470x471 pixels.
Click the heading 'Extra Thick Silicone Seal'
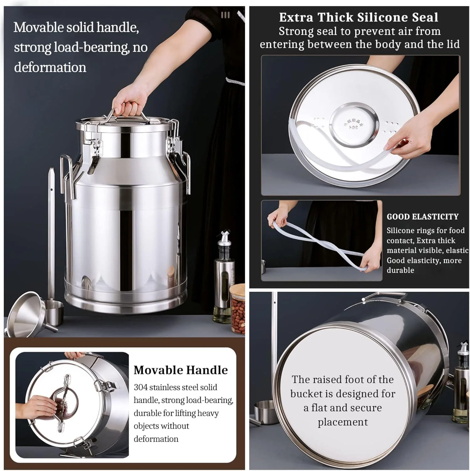coord(359,17)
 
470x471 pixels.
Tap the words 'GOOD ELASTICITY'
coord(422,217)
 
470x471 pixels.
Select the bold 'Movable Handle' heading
coord(181,370)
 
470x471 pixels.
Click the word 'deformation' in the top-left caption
coord(50,67)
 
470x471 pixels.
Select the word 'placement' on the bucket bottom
coord(343,422)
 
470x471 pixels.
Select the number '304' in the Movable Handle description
coord(140,387)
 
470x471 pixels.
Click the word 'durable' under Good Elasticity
coord(400,270)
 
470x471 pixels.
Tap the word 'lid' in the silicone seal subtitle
coord(453,44)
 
